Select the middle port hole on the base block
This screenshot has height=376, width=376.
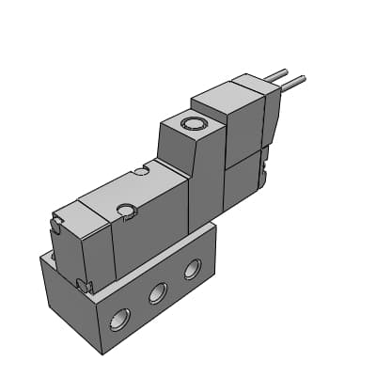pos(156,295)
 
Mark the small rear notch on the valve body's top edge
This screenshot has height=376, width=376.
pos(142,171)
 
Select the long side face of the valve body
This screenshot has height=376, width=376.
pos(150,240)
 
